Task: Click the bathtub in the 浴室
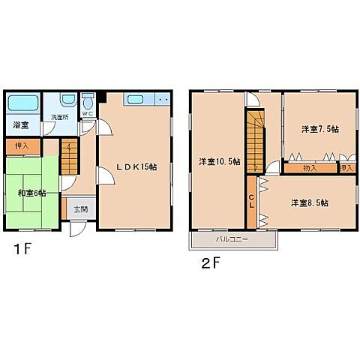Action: pos(23,103)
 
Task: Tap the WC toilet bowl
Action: pos(88,103)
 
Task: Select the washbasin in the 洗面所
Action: pos(69,100)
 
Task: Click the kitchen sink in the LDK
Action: pos(135,99)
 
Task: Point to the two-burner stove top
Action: pos(163,99)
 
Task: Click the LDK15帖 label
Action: pos(136,166)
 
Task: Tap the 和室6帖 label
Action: pos(31,193)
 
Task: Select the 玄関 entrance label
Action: pos(81,209)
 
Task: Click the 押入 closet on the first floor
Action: pos(23,146)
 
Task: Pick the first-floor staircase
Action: pos(69,156)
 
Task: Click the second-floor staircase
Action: pos(256,141)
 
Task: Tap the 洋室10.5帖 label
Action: pos(220,162)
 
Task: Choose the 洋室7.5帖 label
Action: pos(320,129)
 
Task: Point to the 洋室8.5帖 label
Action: pos(310,202)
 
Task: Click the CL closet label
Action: pos(251,202)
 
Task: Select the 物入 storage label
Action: pos(310,168)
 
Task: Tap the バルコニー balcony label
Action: pos(232,239)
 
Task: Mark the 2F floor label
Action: pos(211,263)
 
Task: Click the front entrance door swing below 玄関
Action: pos(78,229)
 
